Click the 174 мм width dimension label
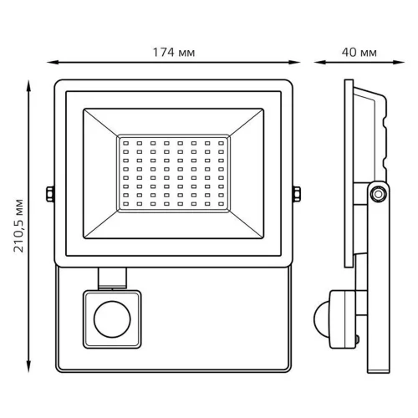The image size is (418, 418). pyautogui.click(x=174, y=53)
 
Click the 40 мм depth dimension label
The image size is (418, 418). pyautogui.click(x=359, y=53)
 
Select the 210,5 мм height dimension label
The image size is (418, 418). pyautogui.click(x=18, y=226)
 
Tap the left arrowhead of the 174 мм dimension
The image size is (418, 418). pyautogui.click(x=53, y=63)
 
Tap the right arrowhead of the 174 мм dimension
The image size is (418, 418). pyautogui.click(x=294, y=63)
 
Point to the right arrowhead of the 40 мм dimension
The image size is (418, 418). pyautogui.click(x=399, y=63)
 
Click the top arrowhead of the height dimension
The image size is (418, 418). pyautogui.click(x=28, y=86)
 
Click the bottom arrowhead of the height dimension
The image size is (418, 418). pyautogui.click(x=28, y=366)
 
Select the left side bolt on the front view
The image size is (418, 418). pyautogui.click(x=50, y=194)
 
